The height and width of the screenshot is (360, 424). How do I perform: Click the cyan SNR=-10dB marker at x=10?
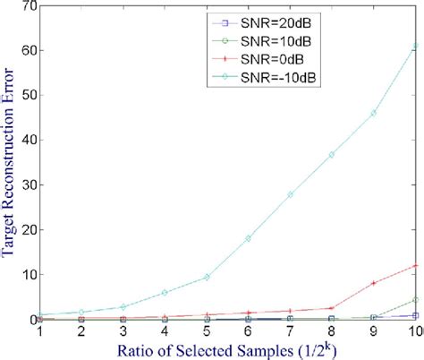pos(414,45)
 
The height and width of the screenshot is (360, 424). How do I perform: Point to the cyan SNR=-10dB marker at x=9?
pos(373,113)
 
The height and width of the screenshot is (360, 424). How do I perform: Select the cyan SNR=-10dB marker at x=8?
pos(331,155)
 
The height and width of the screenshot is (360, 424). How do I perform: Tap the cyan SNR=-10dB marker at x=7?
pos(290,194)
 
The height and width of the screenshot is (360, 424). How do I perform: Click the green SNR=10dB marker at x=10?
pos(414,299)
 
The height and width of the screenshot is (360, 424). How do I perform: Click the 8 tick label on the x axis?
pos(331,330)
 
